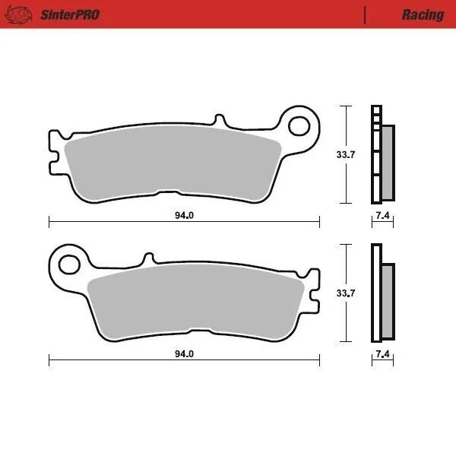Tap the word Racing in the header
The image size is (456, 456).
click(423, 14)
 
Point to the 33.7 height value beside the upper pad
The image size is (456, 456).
click(346, 155)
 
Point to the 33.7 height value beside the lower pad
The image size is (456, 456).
click(346, 293)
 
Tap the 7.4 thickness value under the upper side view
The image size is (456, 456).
click(383, 216)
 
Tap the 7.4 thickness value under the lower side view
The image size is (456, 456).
click(383, 354)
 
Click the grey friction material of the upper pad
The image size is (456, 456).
click(171, 163)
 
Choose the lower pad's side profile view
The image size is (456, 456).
click(382, 293)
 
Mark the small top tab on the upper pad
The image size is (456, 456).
click(220, 121)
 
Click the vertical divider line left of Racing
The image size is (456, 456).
click(366, 14)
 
